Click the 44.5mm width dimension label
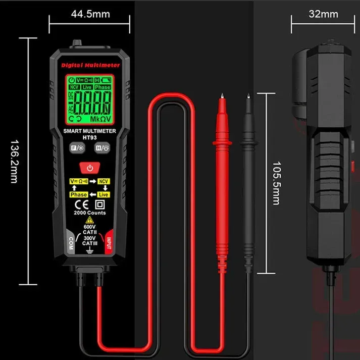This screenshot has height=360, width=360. point(91,14)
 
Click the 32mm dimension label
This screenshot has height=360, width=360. point(323,14)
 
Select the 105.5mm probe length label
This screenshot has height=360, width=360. point(276,183)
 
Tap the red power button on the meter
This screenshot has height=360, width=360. point(89,167)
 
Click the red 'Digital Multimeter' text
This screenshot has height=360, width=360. point(90,65)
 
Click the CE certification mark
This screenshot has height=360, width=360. point(80,205)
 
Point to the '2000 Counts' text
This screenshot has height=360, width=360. point(89,213)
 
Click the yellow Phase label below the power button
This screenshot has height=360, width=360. point(78,194)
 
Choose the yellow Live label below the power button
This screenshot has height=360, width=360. point(104,194)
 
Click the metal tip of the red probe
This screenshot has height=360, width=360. point(221,96)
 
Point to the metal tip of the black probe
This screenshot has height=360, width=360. point(248,96)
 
